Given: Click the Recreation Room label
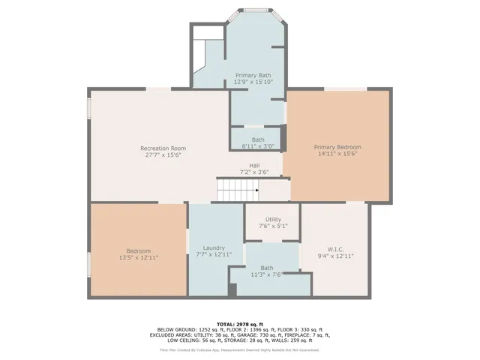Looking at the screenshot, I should (163, 148).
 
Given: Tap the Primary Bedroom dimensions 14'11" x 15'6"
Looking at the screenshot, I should (337, 154).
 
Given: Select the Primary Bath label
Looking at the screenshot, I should (253, 75).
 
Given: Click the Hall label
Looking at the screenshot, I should (254, 166).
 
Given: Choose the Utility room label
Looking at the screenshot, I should (273, 218).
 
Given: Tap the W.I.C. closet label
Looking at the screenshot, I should (335, 249).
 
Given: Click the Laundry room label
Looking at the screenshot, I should (214, 248).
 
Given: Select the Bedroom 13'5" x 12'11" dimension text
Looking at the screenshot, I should (138, 257).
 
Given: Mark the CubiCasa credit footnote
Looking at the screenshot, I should (239, 349).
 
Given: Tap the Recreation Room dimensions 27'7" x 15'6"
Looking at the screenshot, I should (163, 155).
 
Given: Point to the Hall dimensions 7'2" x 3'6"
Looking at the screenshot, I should (254, 172).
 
